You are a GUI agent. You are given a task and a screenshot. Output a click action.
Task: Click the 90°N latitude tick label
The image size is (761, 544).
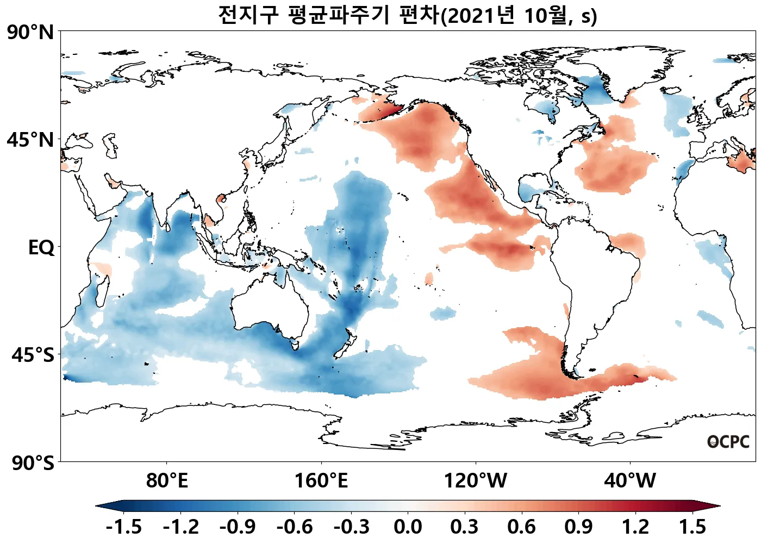click(x=30, y=33)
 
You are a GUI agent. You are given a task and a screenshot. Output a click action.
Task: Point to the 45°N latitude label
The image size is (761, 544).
click(x=30, y=140)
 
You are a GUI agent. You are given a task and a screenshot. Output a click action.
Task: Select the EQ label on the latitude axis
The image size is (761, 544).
click(x=41, y=248)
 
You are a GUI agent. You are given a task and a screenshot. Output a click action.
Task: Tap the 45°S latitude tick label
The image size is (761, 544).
click(x=33, y=355)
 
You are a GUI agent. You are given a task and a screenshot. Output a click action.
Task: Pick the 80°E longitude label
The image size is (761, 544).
click(x=167, y=481)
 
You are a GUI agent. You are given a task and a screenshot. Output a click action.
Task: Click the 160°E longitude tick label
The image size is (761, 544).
click(x=321, y=481)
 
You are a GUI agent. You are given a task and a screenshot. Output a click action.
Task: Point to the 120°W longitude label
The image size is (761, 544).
click(x=476, y=481)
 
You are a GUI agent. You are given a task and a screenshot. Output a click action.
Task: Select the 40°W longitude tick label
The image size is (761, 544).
click(x=630, y=481)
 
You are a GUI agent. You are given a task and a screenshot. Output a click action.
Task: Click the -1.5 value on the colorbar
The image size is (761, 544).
click(x=123, y=527)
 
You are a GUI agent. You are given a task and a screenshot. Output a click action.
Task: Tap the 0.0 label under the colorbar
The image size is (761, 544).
click(x=408, y=527)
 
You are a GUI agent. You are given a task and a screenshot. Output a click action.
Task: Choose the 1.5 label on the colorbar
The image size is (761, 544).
click(x=693, y=527)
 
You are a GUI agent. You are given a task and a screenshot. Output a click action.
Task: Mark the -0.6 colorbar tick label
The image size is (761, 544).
click(x=294, y=527)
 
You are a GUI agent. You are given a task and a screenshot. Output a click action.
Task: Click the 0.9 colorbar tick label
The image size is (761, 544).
click(x=578, y=527)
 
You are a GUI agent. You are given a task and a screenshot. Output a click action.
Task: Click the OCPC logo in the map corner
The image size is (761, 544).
click(x=728, y=442)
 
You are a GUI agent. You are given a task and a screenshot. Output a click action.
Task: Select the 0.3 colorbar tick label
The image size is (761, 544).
click(x=465, y=527)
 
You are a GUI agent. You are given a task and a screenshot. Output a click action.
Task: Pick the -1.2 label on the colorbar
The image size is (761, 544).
click(x=180, y=527)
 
